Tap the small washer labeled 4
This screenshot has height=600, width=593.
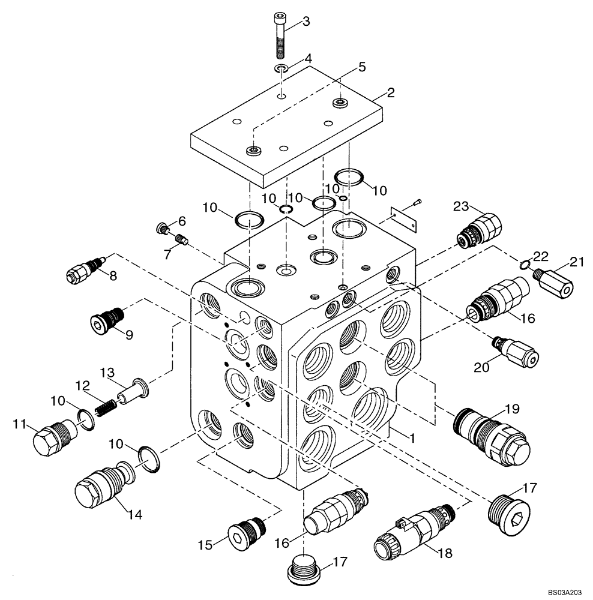pyautogui.click(x=281, y=68)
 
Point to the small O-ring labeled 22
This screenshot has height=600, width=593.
pyautogui.click(x=523, y=263)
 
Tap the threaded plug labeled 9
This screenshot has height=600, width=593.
pyautogui.click(x=108, y=317)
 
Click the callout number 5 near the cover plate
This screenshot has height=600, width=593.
pyautogui.click(x=362, y=67)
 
